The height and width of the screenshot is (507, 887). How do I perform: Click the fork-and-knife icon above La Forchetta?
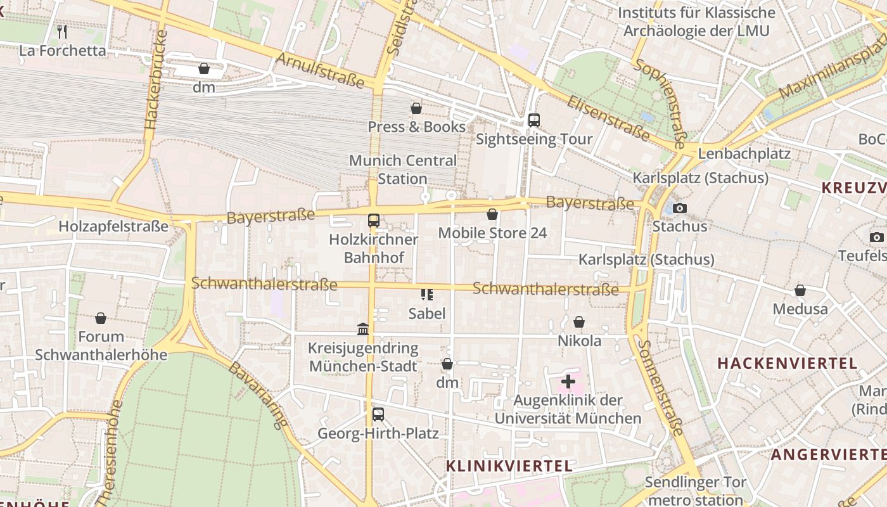click(x=62, y=31)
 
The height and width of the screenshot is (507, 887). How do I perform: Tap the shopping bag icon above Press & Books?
click(x=416, y=108)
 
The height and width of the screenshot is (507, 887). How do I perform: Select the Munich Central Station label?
click(x=402, y=170)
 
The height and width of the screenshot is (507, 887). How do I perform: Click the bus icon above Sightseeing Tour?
click(x=533, y=120)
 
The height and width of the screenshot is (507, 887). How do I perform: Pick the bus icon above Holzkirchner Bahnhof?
click(x=374, y=221)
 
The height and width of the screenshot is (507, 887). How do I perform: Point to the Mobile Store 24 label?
click(x=492, y=233)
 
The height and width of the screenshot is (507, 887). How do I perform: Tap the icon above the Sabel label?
click(x=427, y=294)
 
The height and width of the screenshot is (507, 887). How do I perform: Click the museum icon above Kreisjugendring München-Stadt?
click(x=363, y=329)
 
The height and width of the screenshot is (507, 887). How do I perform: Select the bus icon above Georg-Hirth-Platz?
click(x=378, y=414)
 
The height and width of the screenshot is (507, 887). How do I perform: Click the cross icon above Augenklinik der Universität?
click(x=568, y=382)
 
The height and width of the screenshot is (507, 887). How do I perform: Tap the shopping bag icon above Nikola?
click(x=579, y=322)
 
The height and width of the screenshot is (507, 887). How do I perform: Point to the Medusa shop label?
click(x=800, y=309)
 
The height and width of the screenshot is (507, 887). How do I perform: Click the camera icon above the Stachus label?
click(x=679, y=208)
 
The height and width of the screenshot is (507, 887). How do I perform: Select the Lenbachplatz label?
click(x=744, y=154)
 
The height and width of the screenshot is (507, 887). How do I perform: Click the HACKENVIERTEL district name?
click(x=787, y=364)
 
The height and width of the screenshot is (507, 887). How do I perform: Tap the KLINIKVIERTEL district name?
click(x=509, y=466)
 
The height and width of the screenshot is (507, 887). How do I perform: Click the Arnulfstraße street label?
click(x=321, y=70)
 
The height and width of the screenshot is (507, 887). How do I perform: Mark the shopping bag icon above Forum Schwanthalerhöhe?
click(x=101, y=318)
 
